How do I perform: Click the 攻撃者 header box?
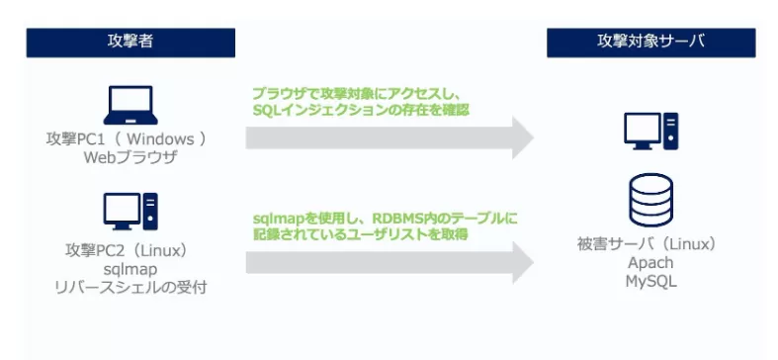[130, 42]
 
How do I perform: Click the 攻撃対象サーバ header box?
[649, 42]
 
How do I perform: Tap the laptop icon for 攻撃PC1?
[130, 105]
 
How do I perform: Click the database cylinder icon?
[649, 201]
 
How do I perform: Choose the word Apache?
[649, 263]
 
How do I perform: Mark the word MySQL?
[649, 282]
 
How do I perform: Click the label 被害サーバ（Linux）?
[649, 243]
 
